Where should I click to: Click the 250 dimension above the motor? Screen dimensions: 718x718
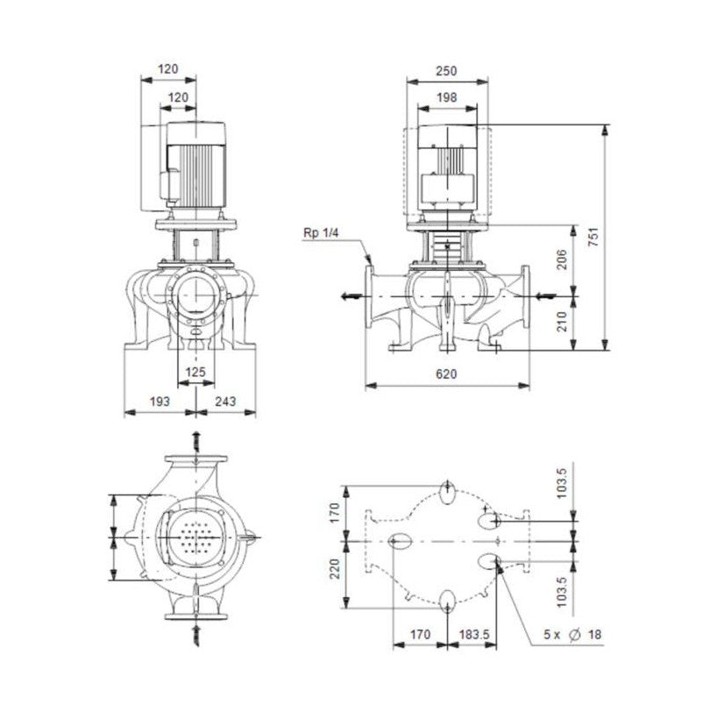click(447, 70)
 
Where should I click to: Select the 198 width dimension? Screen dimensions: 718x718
click(447, 97)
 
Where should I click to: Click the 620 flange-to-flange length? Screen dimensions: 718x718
click(446, 373)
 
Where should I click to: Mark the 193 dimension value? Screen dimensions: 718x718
click(158, 402)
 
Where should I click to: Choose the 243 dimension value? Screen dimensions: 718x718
click(225, 402)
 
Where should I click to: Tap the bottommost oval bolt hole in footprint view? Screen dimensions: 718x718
click(448, 599)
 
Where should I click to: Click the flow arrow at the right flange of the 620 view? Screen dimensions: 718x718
click(545, 295)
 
